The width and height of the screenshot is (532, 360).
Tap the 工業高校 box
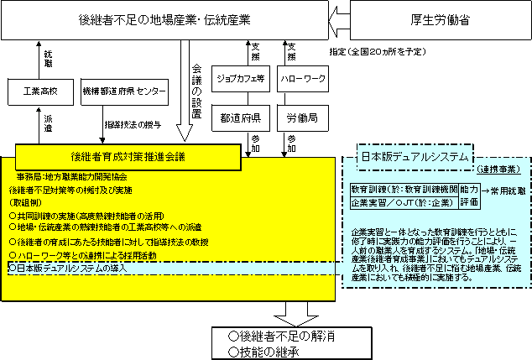[x=41, y=91]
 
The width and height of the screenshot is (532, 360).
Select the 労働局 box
[x=301, y=115]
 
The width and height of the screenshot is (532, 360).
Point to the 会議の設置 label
[x=196, y=90]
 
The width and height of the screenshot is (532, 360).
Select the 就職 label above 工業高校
[x=48, y=59]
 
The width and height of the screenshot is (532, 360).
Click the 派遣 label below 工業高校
[x=48, y=123]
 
